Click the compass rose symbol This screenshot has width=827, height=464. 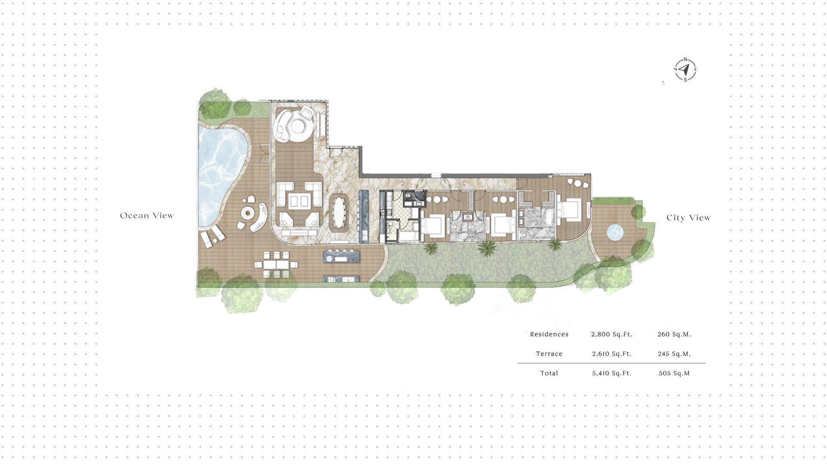pyautogui.click(x=685, y=70)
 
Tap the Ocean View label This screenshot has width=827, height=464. pyautogui.click(x=147, y=216)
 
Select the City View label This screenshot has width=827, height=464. pyautogui.click(x=688, y=218)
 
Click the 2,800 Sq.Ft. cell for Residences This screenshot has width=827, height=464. pyautogui.click(x=611, y=334)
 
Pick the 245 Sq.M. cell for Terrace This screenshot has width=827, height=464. pyautogui.click(x=674, y=354)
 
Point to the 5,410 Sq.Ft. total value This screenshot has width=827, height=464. pyautogui.click(x=611, y=373)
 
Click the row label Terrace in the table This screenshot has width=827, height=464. pyautogui.click(x=549, y=354)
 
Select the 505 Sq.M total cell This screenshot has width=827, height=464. pyautogui.click(x=674, y=373)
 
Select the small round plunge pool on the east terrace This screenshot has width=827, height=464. pyautogui.click(x=615, y=232)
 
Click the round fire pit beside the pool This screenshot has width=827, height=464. pyautogui.click(x=247, y=212)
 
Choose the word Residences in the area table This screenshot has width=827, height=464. pyautogui.click(x=549, y=334)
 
